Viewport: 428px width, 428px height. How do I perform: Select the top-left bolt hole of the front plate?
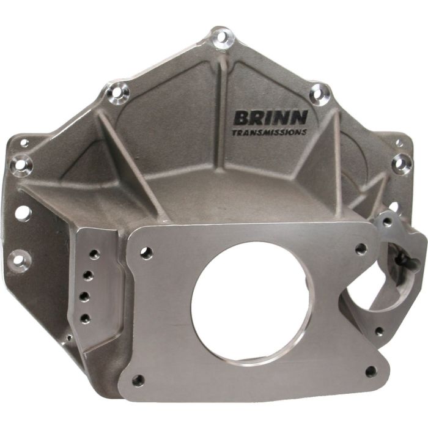pyautogui.click(x=146, y=250)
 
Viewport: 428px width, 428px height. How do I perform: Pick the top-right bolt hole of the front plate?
pyautogui.click(x=360, y=248)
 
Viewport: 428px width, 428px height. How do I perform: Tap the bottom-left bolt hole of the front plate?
pyautogui.click(x=138, y=380)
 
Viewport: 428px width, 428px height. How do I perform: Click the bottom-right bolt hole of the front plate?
pyautogui.click(x=370, y=371)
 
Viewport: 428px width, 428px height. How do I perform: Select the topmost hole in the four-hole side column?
pyautogui.click(x=94, y=254)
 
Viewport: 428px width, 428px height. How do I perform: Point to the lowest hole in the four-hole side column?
pyautogui.click(x=84, y=318)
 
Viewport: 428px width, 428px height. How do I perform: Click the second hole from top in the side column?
pyautogui.click(x=90, y=276)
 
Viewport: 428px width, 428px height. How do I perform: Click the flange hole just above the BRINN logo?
pyautogui.click(x=318, y=93)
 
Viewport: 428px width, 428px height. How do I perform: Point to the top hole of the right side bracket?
pyautogui.click(x=388, y=222)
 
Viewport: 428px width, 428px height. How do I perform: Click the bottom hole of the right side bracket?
pyautogui.click(x=379, y=332)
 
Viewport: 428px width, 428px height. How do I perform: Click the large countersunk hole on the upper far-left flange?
pyautogui.click(x=23, y=164)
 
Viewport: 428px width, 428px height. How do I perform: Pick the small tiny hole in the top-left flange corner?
pyautogui.click(x=24, y=143)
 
